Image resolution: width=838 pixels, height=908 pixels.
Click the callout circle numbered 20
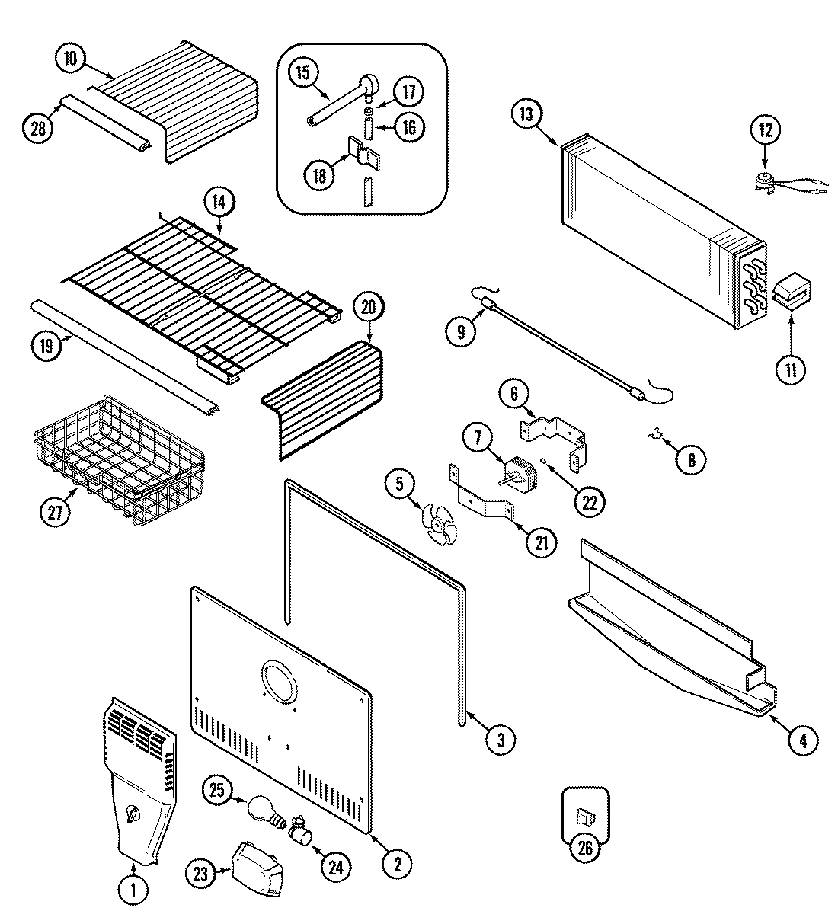[x=368, y=308]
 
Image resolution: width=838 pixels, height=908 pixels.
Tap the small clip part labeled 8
[x=652, y=434]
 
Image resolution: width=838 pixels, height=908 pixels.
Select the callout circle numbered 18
[x=319, y=175]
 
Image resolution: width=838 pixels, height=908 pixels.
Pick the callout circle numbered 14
[x=219, y=202]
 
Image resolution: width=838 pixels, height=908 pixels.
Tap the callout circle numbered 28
[x=37, y=128]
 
